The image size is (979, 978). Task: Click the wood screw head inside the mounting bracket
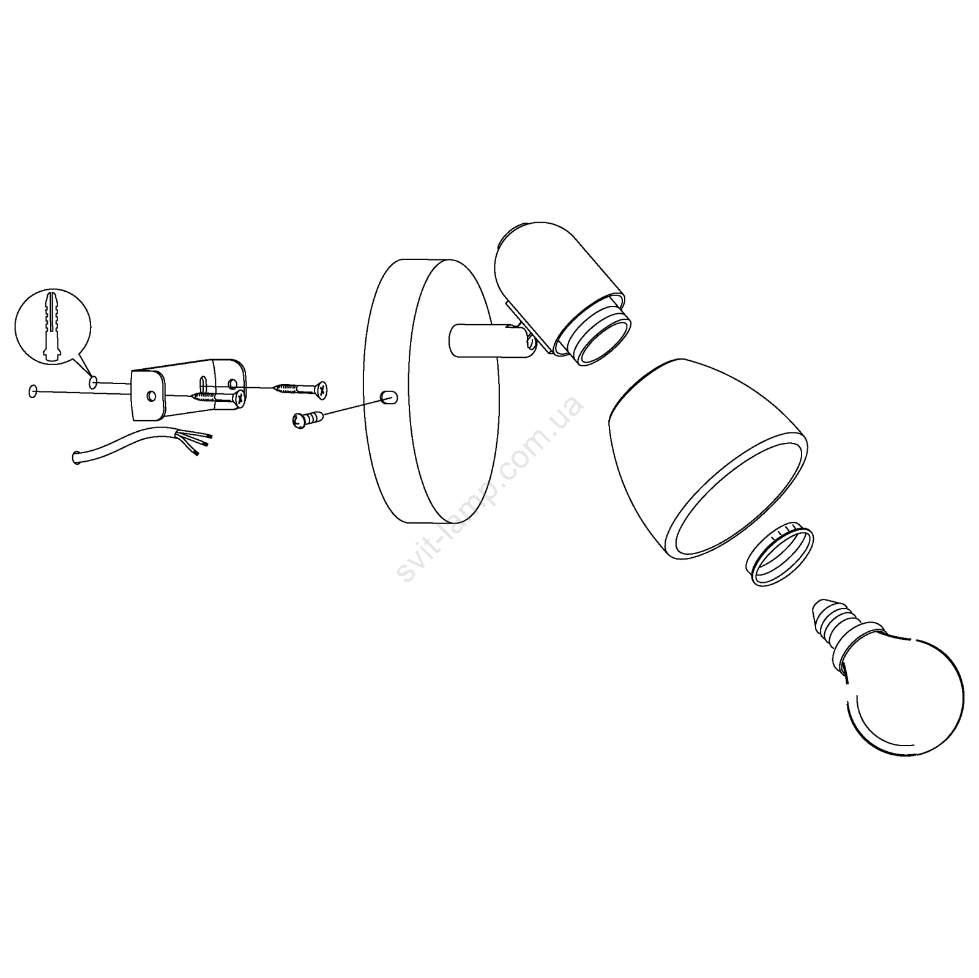coord(239,398)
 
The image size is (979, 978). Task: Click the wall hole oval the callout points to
coord(94,383)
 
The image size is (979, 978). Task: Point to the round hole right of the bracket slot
coord(232,384)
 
